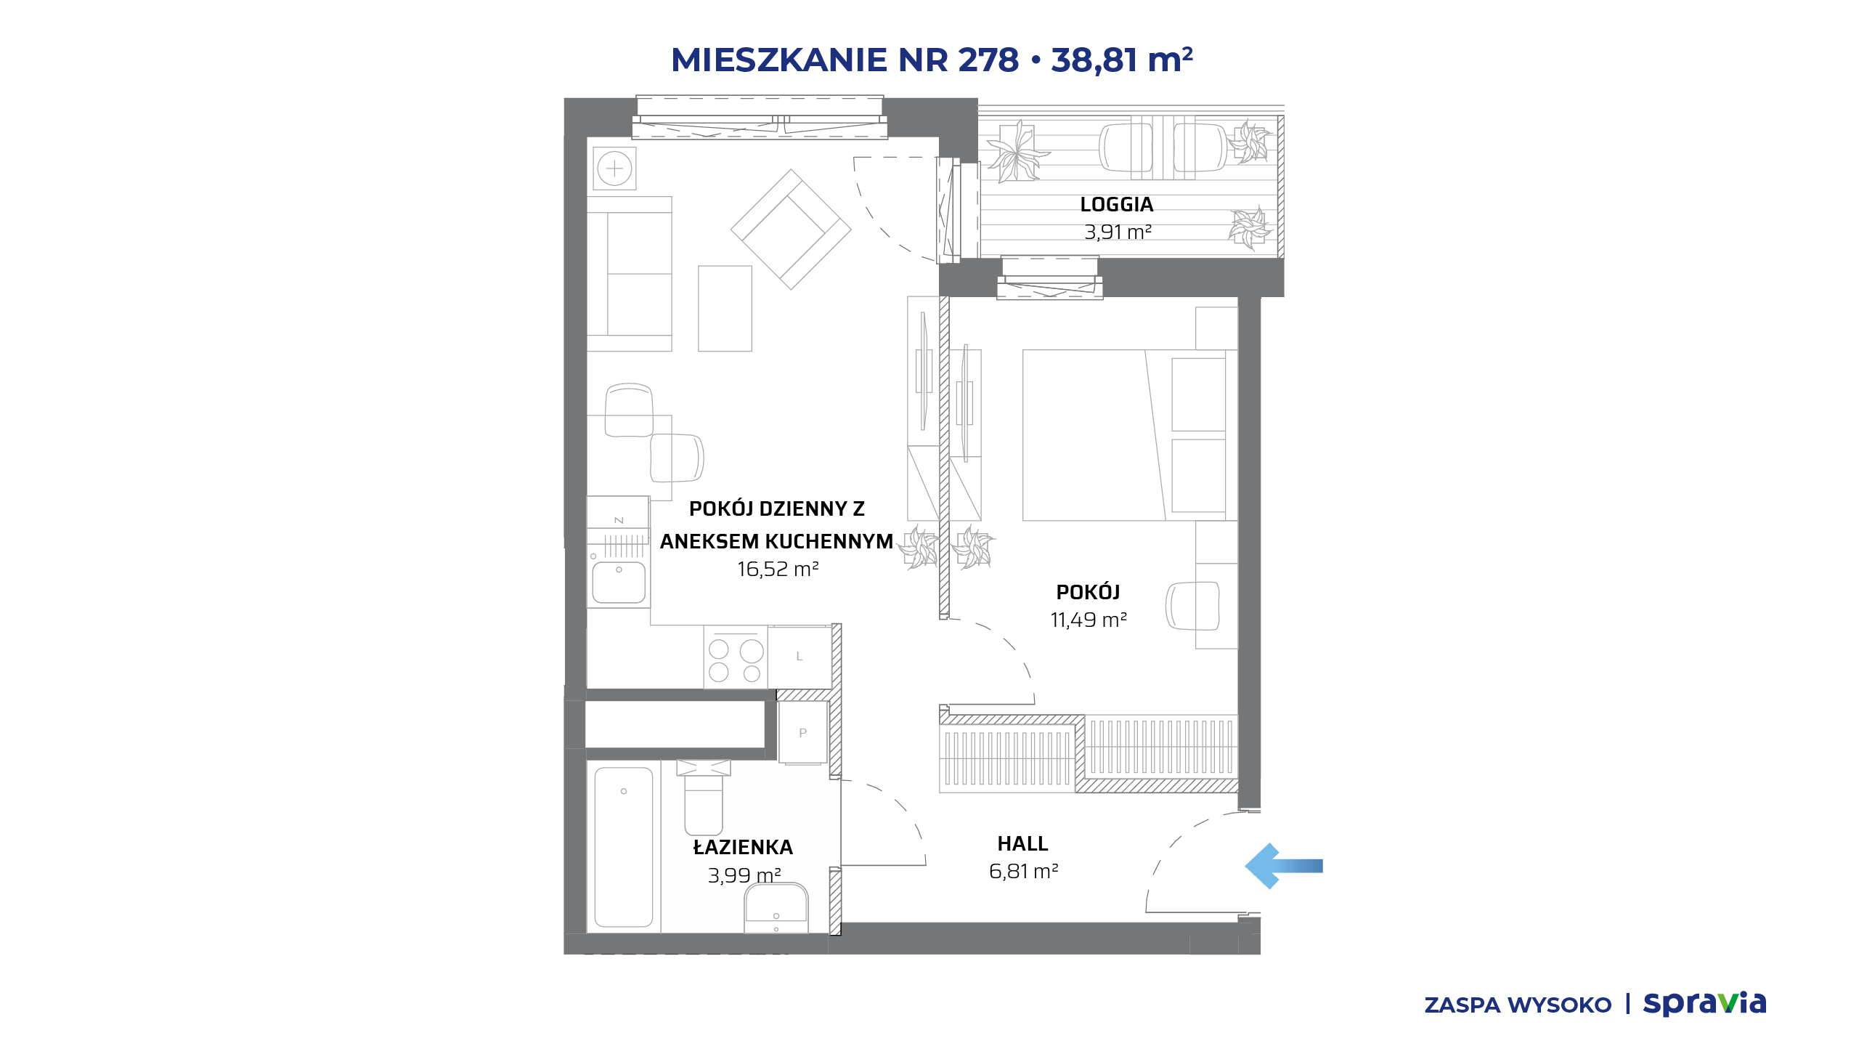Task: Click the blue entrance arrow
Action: coord(1283,866)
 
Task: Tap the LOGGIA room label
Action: coord(1116,205)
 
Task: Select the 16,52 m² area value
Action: coord(778,569)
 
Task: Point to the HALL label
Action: coord(1022,844)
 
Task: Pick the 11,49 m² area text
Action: coord(1089,620)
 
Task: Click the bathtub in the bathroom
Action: coord(624,847)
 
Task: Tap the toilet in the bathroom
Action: coord(703,797)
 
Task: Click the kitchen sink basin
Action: coord(619,582)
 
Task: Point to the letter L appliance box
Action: coord(800,657)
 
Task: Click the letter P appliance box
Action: coord(802,732)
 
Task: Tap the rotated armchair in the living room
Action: coord(791,230)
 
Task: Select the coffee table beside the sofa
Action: coord(725,309)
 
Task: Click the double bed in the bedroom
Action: coord(1129,435)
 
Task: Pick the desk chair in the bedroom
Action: coord(1192,606)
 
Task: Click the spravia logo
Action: coord(1704,1004)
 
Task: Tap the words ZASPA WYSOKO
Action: coord(1518,1005)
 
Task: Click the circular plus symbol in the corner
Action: coord(614,169)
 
